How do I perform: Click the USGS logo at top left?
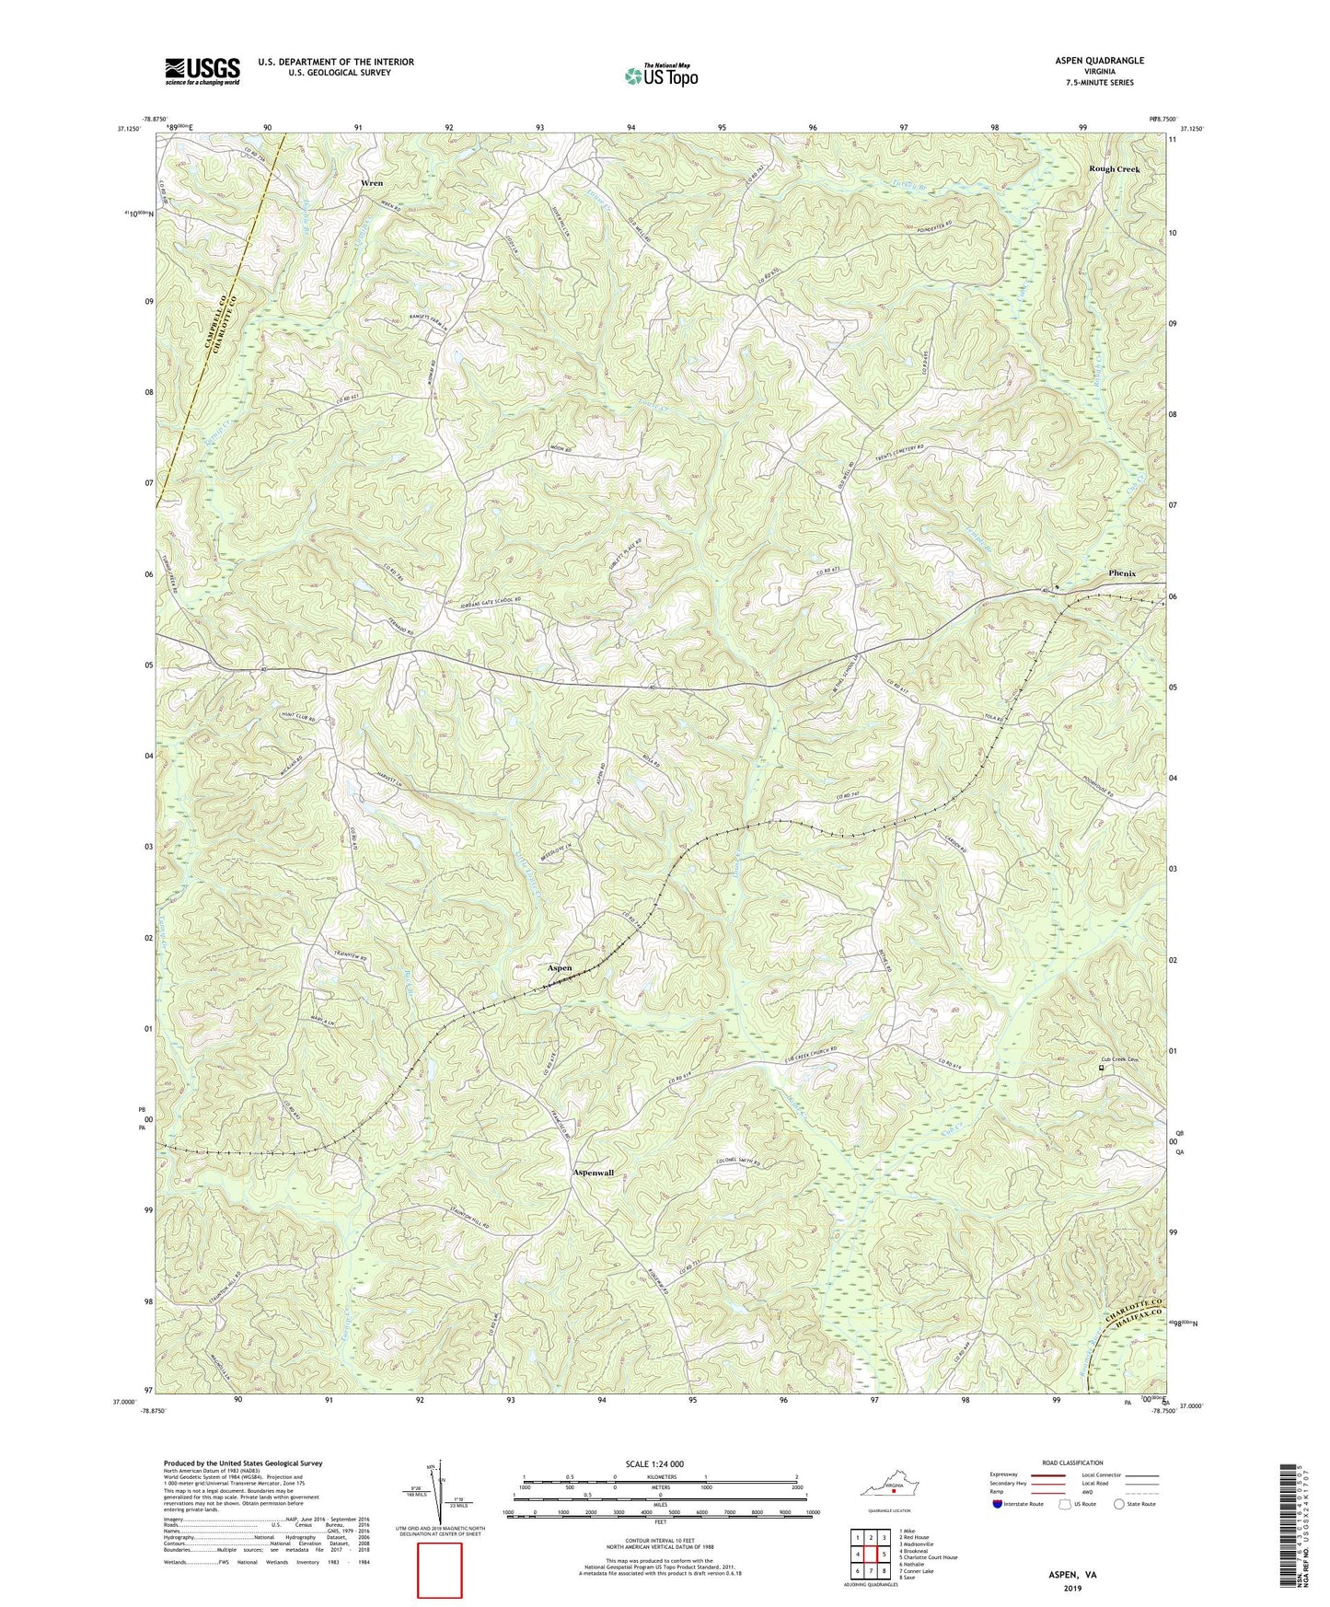point(202,71)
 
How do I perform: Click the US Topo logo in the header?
point(661,75)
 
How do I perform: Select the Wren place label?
point(372,183)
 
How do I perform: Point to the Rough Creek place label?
point(1114,169)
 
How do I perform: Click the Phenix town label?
point(1122,573)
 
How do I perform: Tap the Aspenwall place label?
point(593,1173)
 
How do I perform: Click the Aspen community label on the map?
point(560,968)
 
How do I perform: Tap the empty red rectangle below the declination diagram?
point(440,1570)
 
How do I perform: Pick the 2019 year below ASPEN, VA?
point(1071,1588)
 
